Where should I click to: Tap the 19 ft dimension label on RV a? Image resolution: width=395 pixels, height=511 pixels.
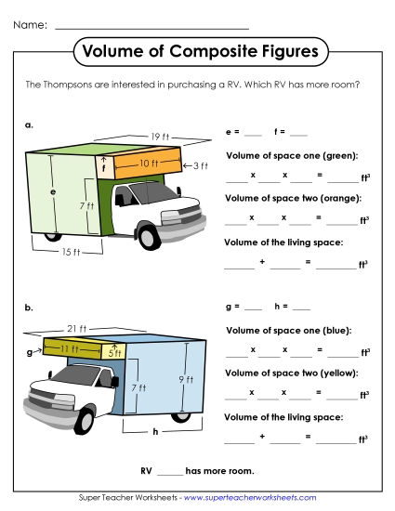pos(160,137)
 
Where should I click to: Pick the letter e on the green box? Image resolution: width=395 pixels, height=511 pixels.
pos(53,192)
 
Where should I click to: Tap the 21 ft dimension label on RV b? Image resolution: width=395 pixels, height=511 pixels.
pos(76,329)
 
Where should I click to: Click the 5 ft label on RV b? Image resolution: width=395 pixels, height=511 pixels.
pos(113,353)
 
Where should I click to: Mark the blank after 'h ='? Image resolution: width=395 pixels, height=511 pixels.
pos(299,308)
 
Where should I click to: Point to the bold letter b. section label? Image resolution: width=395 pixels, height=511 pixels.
pos(30,307)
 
